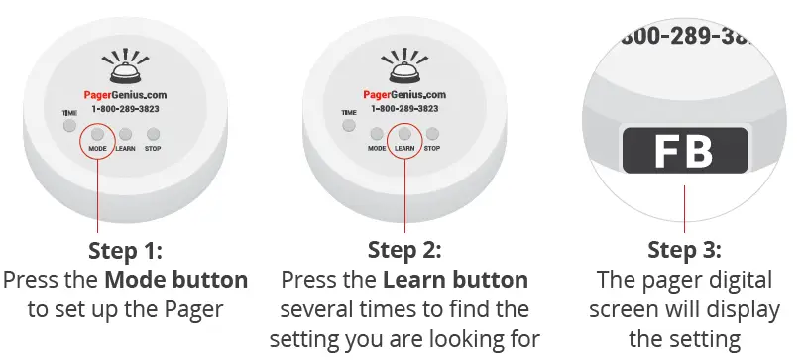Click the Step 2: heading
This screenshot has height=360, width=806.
pyautogui.click(x=404, y=248)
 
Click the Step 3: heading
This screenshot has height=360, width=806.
pyautogui.click(x=684, y=248)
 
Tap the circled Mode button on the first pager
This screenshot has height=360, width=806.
pyautogui.click(x=97, y=134)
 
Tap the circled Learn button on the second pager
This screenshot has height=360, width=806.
pyautogui.click(x=403, y=134)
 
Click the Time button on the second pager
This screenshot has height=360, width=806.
pyautogui.click(x=349, y=126)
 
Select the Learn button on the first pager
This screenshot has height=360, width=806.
pyautogui.click(x=125, y=134)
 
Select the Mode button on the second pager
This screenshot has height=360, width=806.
pyautogui.click(x=377, y=134)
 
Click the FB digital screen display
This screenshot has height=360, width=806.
pyautogui.click(x=684, y=152)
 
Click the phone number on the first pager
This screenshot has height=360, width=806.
pyautogui.click(x=125, y=108)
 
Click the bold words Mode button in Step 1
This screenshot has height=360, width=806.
pyautogui.click(x=175, y=279)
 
